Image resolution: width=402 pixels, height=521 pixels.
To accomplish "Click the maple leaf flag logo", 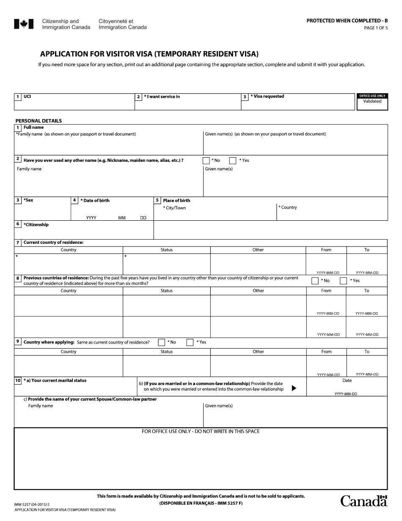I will click(x=23, y=24).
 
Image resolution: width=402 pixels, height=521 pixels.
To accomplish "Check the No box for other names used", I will click(x=206, y=161).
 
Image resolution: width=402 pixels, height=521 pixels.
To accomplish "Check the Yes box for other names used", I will click(x=232, y=161).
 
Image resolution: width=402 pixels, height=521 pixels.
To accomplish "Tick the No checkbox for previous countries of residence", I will click(x=315, y=280).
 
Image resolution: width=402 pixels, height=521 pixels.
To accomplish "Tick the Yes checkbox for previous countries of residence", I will click(x=343, y=280).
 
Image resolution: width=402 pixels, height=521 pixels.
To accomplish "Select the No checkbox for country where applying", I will click(x=161, y=342).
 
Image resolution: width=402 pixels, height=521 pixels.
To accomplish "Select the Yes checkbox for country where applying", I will click(x=190, y=342).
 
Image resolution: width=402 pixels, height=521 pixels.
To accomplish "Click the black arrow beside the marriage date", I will click(x=294, y=388).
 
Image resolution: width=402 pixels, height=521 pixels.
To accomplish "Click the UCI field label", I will click(x=27, y=97).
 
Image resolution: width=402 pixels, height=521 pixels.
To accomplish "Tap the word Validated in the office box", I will click(x=372, y=101).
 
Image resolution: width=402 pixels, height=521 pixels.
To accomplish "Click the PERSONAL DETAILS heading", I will click(x=39, y=121).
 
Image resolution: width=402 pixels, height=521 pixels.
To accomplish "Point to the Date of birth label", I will click(x=96, y=200).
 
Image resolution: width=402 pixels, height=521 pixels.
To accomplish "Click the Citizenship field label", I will click(x=36, y=224).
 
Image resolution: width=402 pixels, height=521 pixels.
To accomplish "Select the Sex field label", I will click(x=28, y=200).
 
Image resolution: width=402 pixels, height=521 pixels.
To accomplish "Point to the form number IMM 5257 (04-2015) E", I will click(x=32, y=504).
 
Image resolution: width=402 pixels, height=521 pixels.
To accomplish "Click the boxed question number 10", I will click(x=18, y=380).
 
